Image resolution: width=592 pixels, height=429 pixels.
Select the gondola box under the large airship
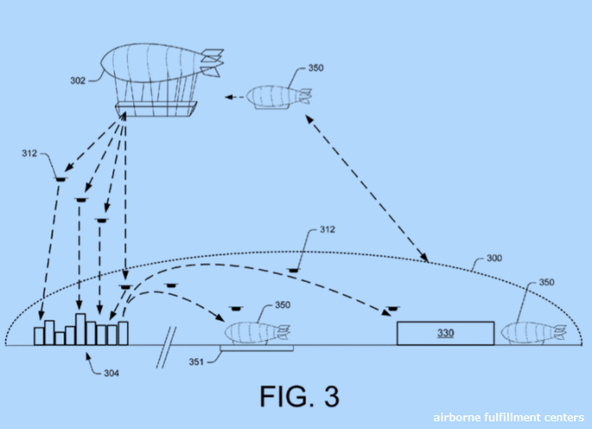[x=155, y=108]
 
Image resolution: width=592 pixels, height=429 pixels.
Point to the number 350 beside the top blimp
[x=315, y=69]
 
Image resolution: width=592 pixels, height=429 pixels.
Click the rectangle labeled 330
[x=444, y=333]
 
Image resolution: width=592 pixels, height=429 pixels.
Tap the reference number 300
[x=494, y=258]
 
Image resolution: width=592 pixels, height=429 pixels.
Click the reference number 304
[x=111, y=373]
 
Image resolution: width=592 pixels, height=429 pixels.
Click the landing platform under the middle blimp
[x=257, y=347]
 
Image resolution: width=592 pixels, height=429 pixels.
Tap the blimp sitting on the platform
[x=256, y=331]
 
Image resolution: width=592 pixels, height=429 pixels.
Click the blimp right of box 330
[x=533, y=332]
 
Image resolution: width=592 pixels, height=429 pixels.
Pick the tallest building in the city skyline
[x=81, y=329]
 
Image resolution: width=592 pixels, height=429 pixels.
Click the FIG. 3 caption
[x=299, y=396]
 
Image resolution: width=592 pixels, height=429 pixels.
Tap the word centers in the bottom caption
[x=563, y=418]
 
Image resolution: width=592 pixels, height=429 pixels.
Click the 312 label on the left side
[x=31, y=154]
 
